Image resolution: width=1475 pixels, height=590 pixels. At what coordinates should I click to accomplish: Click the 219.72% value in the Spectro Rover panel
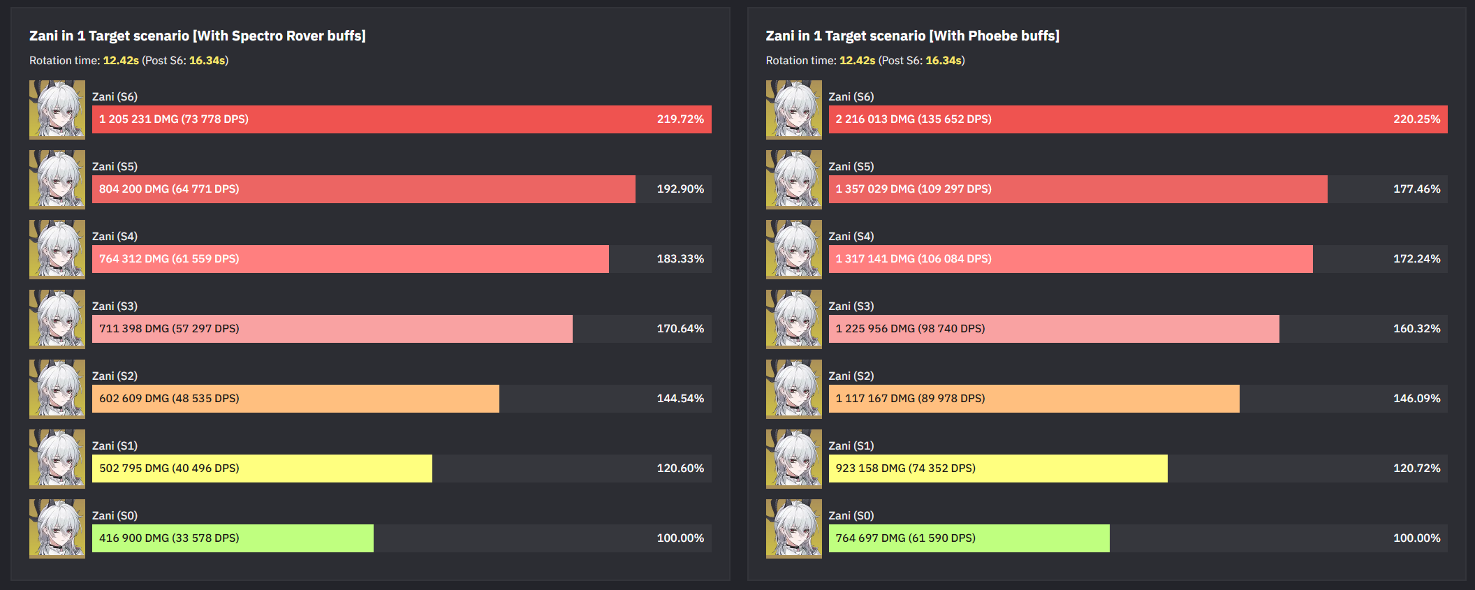click(680, 119)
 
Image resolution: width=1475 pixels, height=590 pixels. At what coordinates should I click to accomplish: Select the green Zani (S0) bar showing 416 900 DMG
click(233, 538)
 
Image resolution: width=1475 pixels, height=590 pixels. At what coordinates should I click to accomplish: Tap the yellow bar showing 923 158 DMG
click(997, 469)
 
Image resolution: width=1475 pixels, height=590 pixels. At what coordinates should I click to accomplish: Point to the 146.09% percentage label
click(1416, 399)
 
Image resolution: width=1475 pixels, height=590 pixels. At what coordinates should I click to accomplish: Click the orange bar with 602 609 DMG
click(295, 399)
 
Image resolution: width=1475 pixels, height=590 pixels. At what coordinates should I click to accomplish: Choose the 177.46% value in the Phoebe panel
click(1416, 189)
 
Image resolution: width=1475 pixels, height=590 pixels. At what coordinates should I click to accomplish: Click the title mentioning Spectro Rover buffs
click(198, 36)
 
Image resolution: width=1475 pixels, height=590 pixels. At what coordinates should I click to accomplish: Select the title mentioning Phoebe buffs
click(912, 36)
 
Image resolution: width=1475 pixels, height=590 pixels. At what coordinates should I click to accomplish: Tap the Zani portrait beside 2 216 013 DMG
click(793, 110)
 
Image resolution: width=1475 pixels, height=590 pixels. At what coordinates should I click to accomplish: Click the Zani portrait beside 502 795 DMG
click(57, 459)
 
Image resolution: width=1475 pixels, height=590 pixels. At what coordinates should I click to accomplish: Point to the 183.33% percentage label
click(680, 259)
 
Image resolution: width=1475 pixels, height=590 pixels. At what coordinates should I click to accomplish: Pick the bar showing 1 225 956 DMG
click(1053, 329)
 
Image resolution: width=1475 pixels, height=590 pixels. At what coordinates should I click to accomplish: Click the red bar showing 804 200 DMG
click(363, 189)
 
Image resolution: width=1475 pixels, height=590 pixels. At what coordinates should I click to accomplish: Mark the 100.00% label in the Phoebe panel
click(1416, 538)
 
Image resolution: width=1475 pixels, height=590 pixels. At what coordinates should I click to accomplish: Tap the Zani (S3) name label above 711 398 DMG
click(115, 307)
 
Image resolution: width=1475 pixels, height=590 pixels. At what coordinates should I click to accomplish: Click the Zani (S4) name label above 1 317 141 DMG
click(851, 237)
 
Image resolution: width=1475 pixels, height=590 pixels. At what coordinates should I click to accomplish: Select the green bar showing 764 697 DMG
click(969, 538)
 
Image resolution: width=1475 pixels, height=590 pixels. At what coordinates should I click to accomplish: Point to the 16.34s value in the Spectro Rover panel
click(207, 61)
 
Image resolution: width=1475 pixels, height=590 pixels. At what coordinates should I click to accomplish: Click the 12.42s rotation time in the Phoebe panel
click(857, 61)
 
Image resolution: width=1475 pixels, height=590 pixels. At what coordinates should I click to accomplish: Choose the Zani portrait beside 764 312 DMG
click(57, 249)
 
